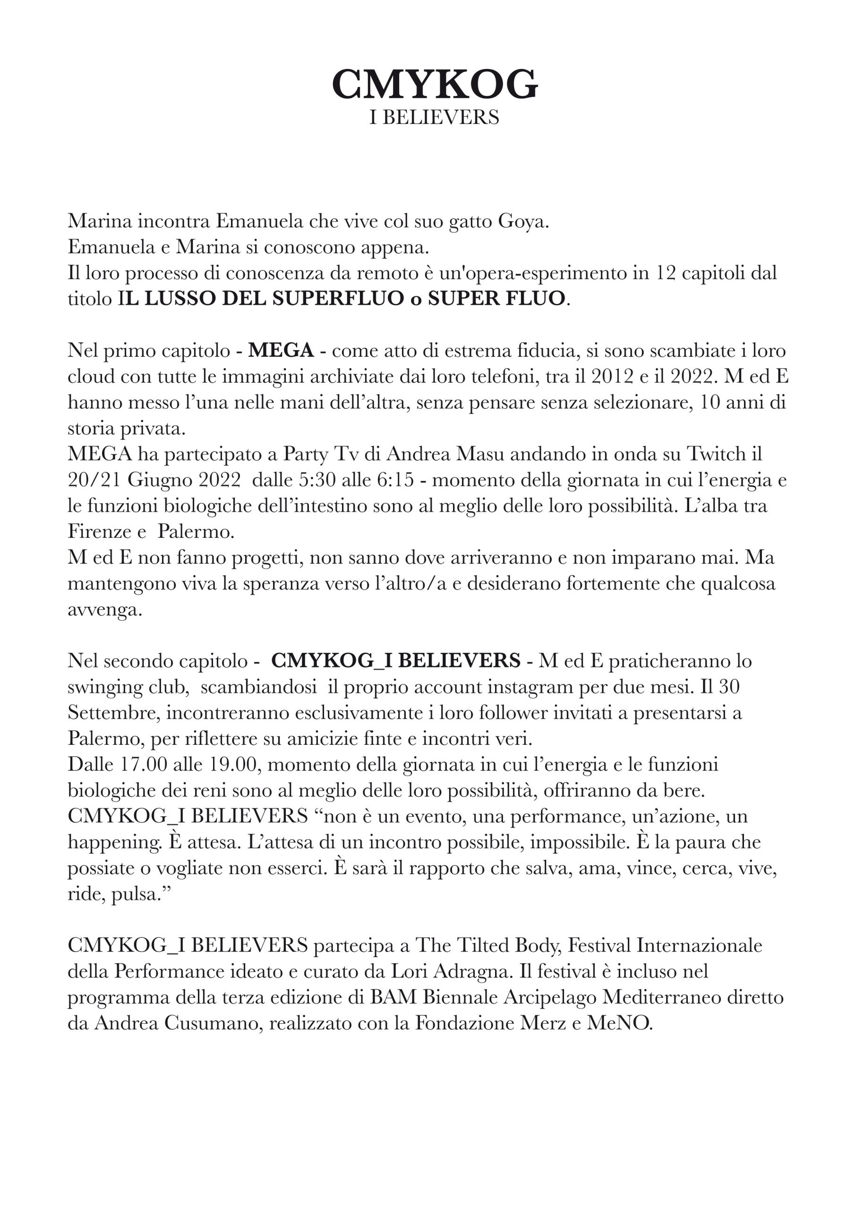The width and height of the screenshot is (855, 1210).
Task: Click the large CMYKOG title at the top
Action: (x=434, y=84)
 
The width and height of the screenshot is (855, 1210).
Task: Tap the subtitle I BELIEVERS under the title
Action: (x=434, y=117)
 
